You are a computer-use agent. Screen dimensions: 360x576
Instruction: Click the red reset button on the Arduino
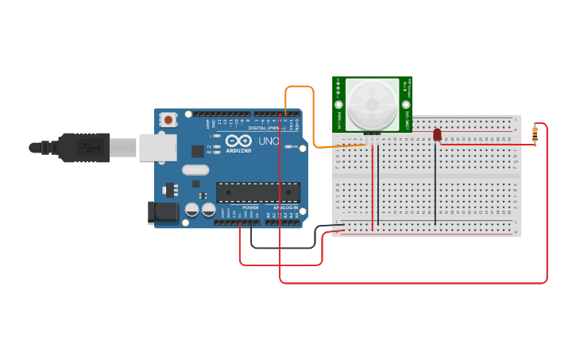(168, 120)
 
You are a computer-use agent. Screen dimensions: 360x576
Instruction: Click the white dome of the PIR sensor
(372, 104)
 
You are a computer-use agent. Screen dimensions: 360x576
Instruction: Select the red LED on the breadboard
(437, 135)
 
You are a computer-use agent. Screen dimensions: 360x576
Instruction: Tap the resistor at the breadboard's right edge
(535, 135)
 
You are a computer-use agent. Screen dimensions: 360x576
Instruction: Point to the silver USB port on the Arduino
(157, 147)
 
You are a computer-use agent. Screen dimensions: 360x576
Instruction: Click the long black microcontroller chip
(258, 192)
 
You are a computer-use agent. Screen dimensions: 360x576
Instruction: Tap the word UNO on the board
(269, 141)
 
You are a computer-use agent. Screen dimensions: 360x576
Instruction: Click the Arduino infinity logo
(238, 141)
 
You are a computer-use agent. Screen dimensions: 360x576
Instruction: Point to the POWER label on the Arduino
(250, 207)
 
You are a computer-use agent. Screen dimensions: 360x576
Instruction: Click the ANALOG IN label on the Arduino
(285, 207)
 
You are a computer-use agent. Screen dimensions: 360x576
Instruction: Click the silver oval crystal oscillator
(195, 169)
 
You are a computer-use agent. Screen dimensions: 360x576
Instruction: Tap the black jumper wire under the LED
(435, 183)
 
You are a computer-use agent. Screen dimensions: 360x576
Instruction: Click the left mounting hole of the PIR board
(338, 104)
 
